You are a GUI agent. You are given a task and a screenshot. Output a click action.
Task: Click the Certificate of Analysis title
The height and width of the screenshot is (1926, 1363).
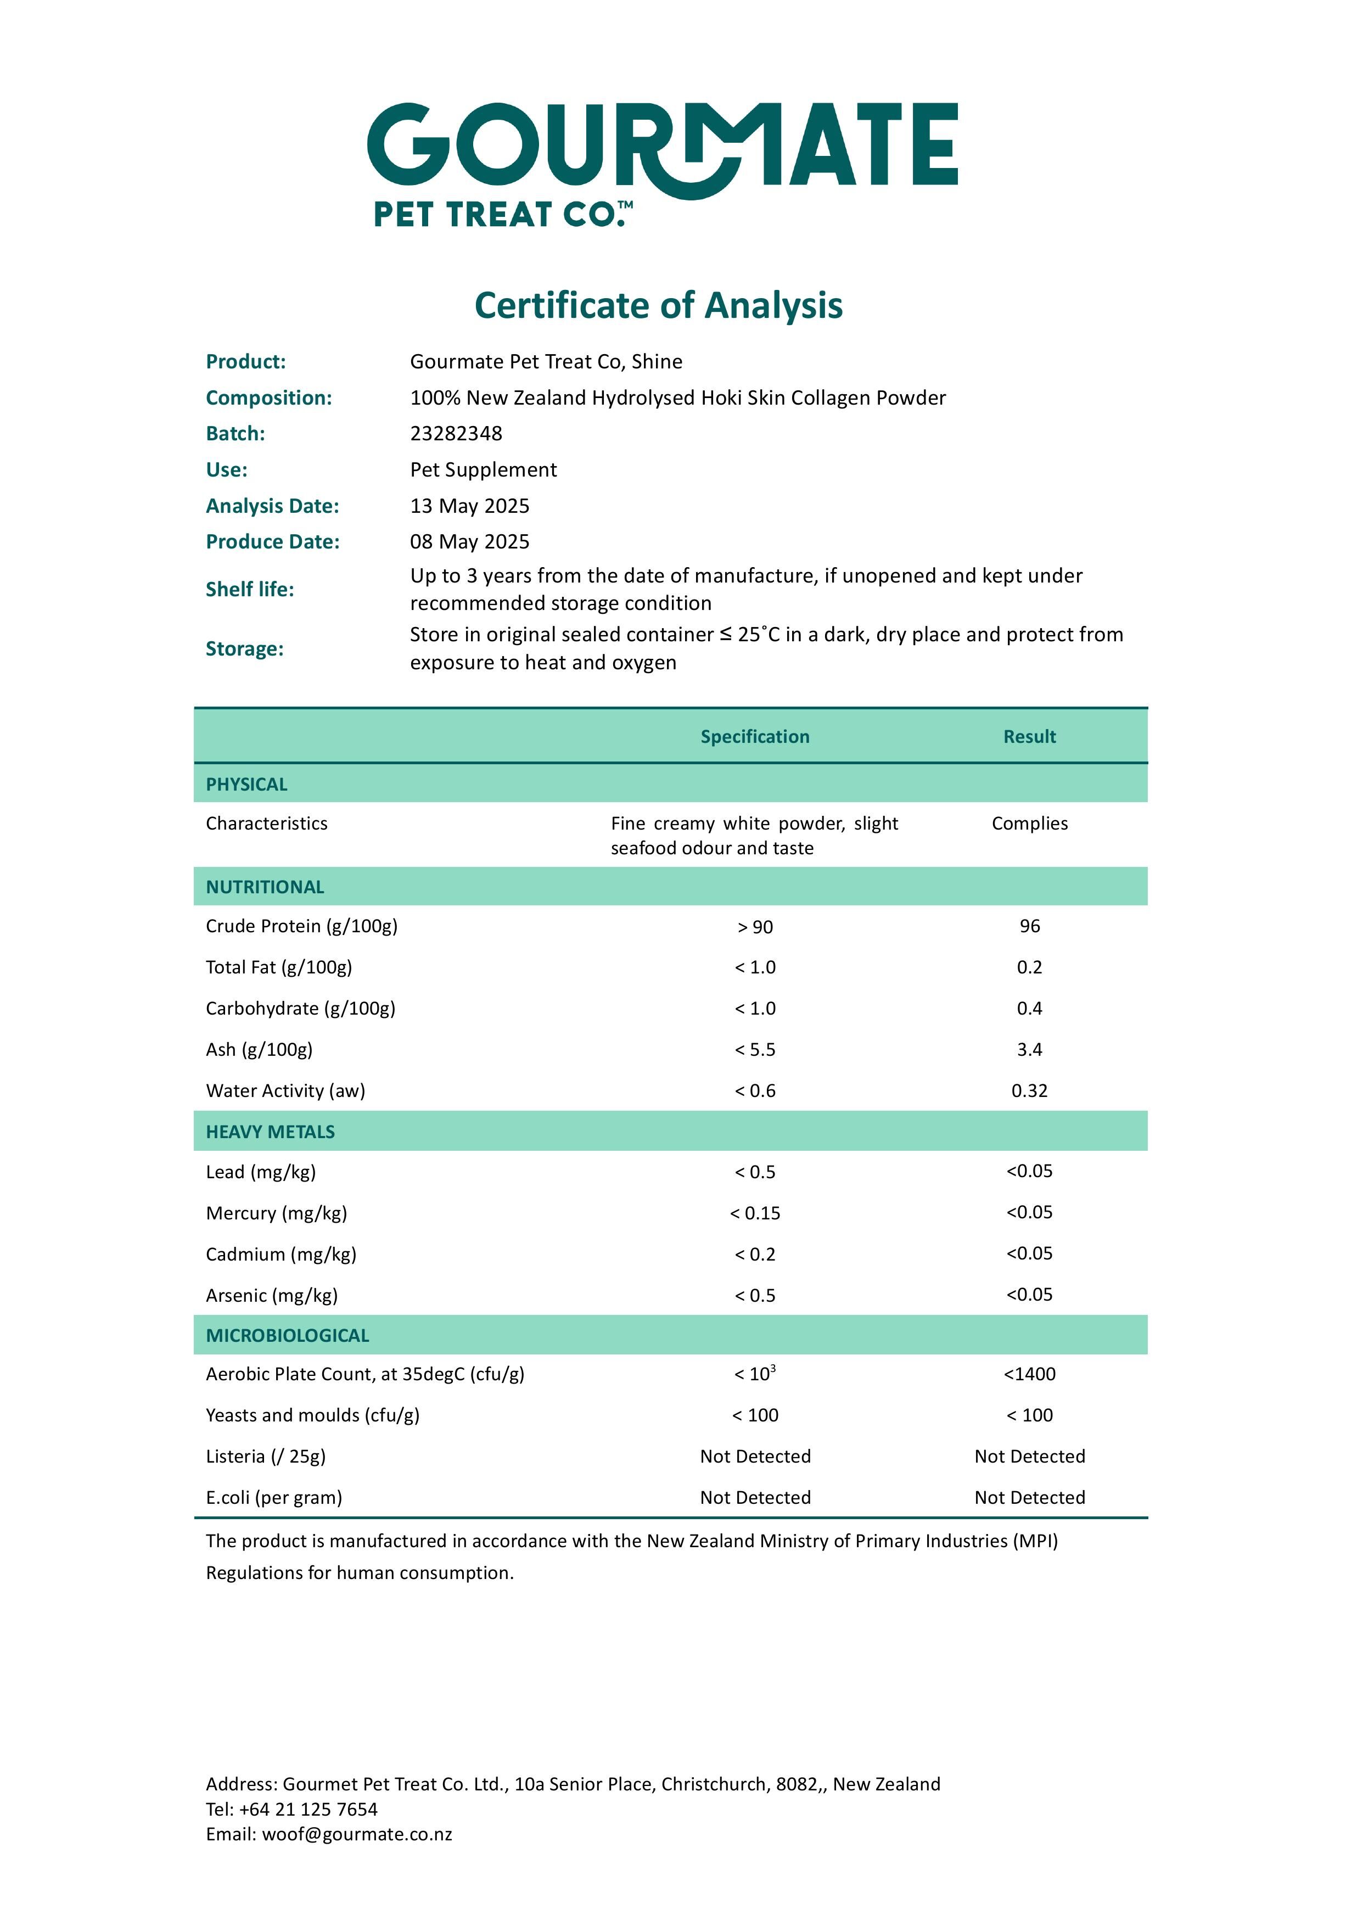[x=658, y=305]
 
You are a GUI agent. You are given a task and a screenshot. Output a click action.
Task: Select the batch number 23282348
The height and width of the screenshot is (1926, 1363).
[x=456, y=434]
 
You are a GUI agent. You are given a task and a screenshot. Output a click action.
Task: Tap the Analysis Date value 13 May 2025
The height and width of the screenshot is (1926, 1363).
[x=469, y=506]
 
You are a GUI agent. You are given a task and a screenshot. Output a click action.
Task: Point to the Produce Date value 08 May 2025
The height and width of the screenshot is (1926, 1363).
[x=469, y=542]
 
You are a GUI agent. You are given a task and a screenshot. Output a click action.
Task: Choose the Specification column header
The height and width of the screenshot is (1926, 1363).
[x=755, y=737]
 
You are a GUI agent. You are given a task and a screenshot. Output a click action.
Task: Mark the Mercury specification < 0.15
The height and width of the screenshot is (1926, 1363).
[x=755, y=1213]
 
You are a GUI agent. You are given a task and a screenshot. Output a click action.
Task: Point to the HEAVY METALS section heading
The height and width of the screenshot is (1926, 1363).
[x=270, y=1132]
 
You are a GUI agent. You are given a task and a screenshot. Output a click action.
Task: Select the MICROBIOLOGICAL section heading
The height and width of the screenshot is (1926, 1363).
[x=287, y=1335]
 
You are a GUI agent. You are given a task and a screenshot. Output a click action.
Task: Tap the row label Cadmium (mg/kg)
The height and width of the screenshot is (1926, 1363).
[x=281, y=1255]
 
